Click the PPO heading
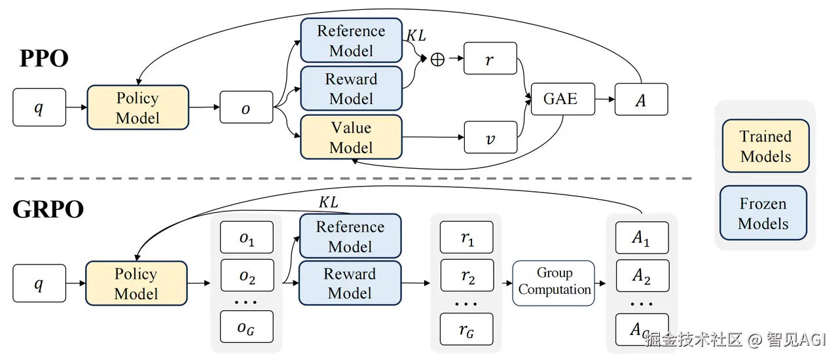[x=45, y=59]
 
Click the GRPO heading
[x=48, y=209]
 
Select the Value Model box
[x=351, y=137]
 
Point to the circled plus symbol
[x=437, y=59]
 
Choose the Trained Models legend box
[x=765, y=146]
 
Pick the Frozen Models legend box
[x=763, y=213]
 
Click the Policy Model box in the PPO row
[x=137, y=107]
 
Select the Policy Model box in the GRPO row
[x=136, y=283]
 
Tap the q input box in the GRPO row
[x=39, y=283]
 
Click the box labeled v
[x=490, y=137]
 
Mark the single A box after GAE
[x=641, y=99]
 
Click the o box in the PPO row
[x=246, y=107]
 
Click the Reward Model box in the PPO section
[x=351, y=88]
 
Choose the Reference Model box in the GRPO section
[x=350, y=236]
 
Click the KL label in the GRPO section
[x=328, y=203]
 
